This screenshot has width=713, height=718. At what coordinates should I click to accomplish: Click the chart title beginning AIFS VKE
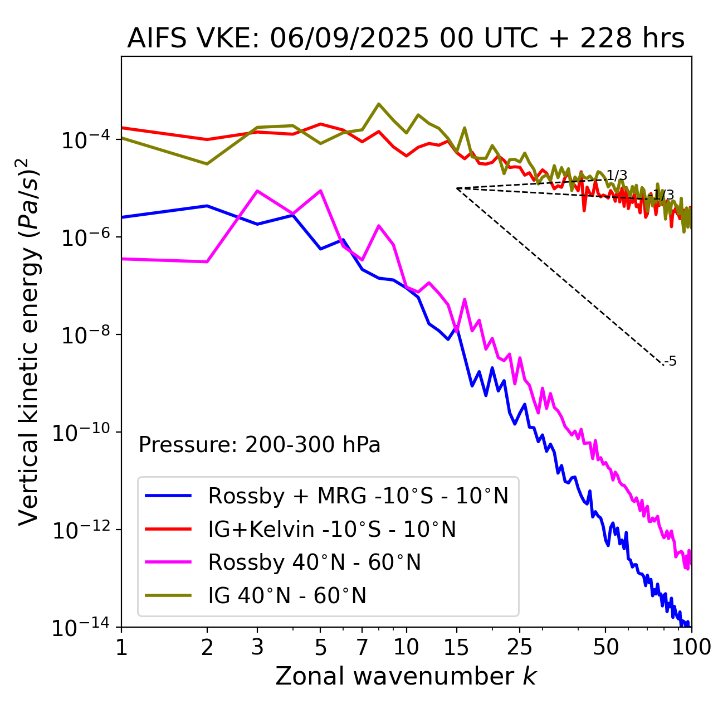pyautogui.click(x=406, y=39)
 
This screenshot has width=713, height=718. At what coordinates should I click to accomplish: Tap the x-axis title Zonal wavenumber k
pyautogui.click(x=406, y=676)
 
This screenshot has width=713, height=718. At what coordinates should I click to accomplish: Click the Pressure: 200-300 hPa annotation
pyautogui.click(x=260, y=445)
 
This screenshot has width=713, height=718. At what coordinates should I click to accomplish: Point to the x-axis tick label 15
pyautogui.click(x=457, y=647)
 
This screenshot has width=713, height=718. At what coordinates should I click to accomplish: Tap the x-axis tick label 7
pyautogui.click(x=362, y=647)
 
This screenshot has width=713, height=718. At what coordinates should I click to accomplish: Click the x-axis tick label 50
pyautogui.click(x=605, y=647)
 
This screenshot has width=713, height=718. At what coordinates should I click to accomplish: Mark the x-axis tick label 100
pyautogui.click(x=691, y=647)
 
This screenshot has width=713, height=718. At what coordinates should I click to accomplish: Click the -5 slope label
pyautogui.click(x=671, y=362)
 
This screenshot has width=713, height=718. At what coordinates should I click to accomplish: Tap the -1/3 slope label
pyautogui.click(x=663, y=195)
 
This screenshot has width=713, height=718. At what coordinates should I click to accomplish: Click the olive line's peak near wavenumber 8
pyautogui.click(x=379, y=104)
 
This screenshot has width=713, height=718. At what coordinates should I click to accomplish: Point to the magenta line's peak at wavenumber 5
pyautogui.click(x=320, y=191)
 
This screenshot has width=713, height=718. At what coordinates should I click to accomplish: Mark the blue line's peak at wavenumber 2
pyautogui.click(x=207, y=206)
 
